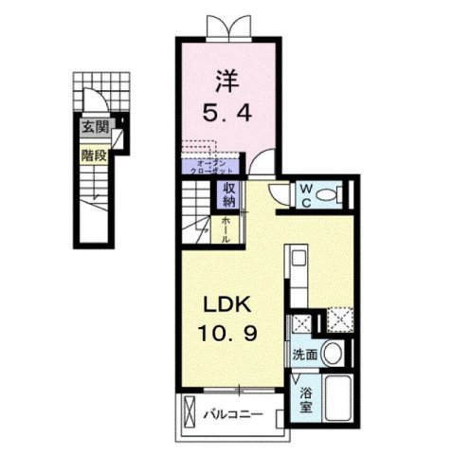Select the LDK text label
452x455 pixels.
(225, 305)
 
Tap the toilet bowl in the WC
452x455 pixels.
(328, 194)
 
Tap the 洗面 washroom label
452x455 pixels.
(302, 355)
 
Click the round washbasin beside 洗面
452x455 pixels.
(331, 355)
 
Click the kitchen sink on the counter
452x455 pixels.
(297, 259)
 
